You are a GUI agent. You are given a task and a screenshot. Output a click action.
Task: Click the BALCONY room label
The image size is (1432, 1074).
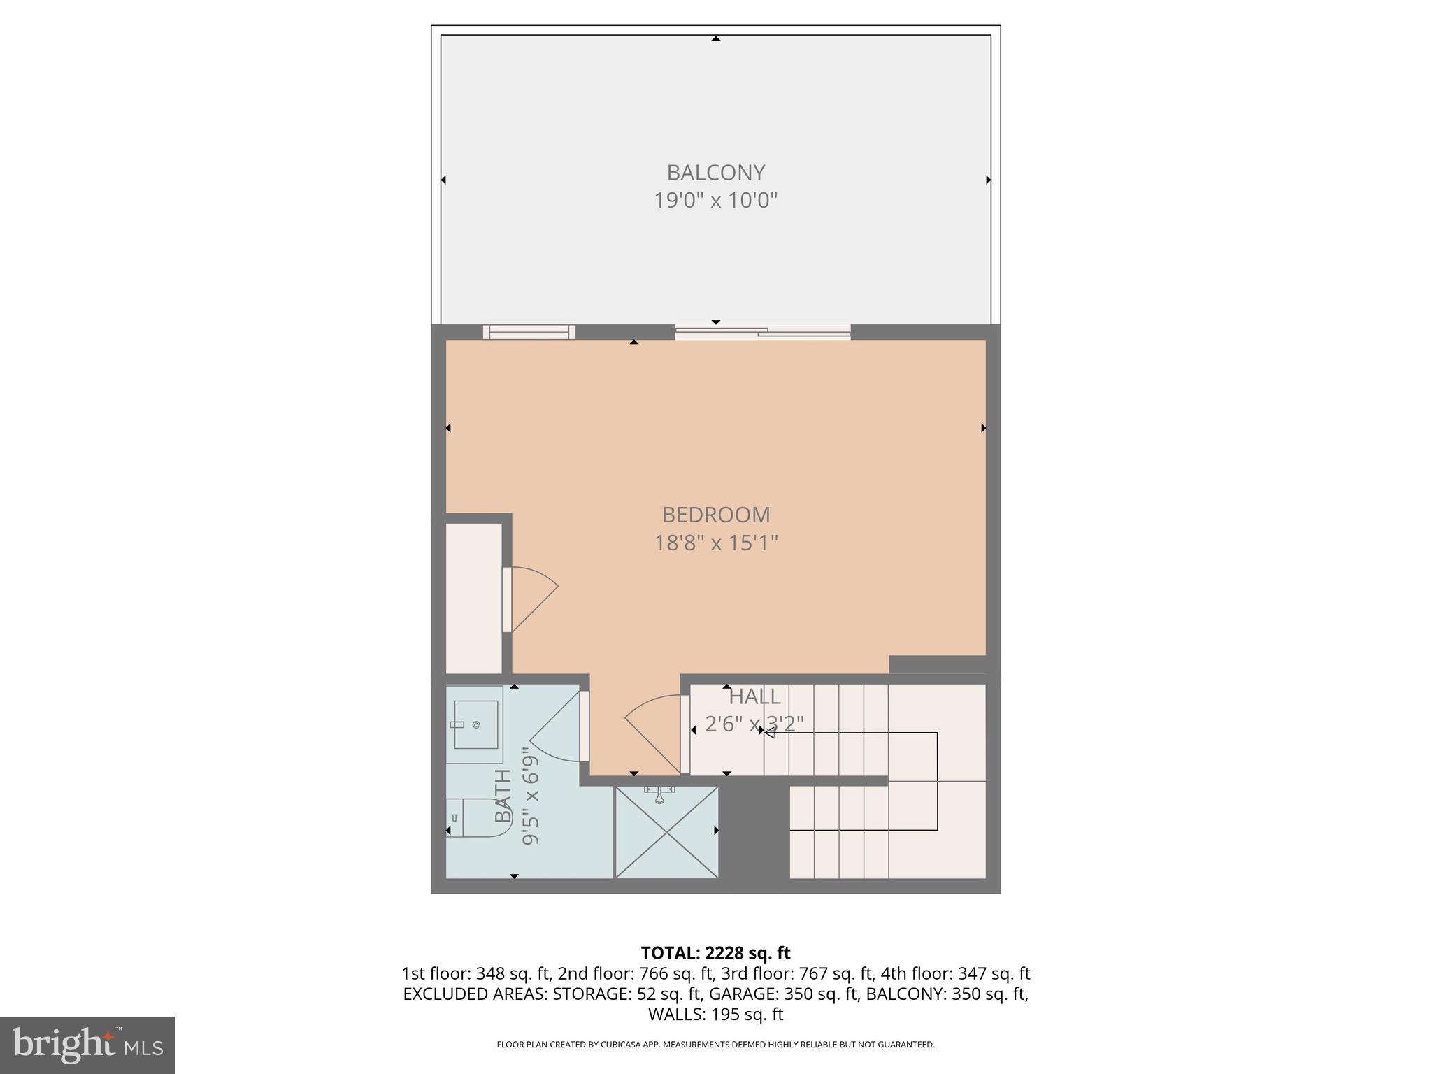tap(715, 172)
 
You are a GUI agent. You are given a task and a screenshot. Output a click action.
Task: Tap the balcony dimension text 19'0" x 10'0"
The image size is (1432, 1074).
tap(715, 201)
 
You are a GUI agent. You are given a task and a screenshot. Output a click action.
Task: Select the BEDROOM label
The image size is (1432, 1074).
tap(715, 515)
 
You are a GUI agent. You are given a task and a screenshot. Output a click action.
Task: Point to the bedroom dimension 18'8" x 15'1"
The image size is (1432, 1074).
tap(715, 543)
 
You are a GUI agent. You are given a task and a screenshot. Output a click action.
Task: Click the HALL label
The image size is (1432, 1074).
tap(754, 696)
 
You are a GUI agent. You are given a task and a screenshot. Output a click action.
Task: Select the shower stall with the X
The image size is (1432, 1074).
tap(666, 831)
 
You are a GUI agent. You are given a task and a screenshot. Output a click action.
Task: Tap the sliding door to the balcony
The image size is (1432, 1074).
tap(762, 333)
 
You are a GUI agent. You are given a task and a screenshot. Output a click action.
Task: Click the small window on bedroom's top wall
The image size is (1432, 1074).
tap(529, 332)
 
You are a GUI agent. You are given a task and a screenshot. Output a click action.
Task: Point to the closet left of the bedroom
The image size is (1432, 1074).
tap(473, 598)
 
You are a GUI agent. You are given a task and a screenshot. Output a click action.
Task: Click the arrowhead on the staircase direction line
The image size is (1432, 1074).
tap(769, 733)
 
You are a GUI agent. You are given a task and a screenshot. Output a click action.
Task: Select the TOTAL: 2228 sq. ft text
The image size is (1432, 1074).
tap(715, 953)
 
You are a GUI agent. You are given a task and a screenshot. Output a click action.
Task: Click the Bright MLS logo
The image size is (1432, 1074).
tap(87, 1045)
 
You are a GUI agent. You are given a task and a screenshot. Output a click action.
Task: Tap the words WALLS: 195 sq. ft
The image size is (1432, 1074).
tap(715, 1014)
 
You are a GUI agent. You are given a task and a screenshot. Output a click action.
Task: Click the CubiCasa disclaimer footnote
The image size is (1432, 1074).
tap(715, 1045)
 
